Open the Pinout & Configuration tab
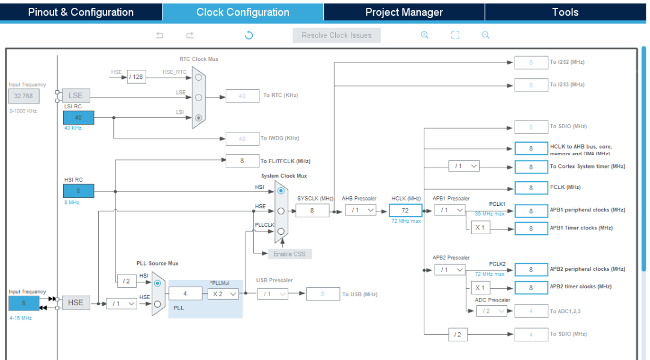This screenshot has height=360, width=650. pyautogui.click(x=81, y=12)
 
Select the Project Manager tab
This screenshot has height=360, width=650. pyautogui.click(x=404, y=12)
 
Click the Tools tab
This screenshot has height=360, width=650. pyautogui.click(x=565, y=12)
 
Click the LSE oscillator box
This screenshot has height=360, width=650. pyautogui.click(x=76, y=96)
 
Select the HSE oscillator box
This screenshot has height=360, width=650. pyautogui.click(x=76, y=302)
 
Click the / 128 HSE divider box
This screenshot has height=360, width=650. pyautogui.click(x=137, y=76)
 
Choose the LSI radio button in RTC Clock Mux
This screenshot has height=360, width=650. pyautogui.click(x=199, y=118)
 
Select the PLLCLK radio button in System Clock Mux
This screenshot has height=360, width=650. pyautogui.click(x=280, y=231)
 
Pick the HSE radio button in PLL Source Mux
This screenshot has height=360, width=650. pyautogui.click(x=157, y=304)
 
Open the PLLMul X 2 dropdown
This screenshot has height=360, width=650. pyautogui.click(x=223, y=294)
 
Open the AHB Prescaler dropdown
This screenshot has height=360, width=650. pyautogui.click(x=361, y=210)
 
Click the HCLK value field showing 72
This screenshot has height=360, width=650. pyautogui.click(x=406, y=210)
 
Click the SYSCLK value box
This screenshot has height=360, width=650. pyautogui.click(x=312, y=210)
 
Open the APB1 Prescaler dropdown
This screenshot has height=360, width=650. pyautogui.click(x=450, y=210)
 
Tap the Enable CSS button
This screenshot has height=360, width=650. pyautogui.click(x=289, y=253)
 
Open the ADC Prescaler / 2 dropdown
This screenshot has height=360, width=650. pyautogui.click(x=491, y=311)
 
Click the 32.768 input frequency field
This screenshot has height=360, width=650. pyautogui.click(x=24, y=96)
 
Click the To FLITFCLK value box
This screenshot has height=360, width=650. pyautogui.click(x=242, y=161)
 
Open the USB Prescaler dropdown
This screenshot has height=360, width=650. pyautogui.click(x=273, y=294)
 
